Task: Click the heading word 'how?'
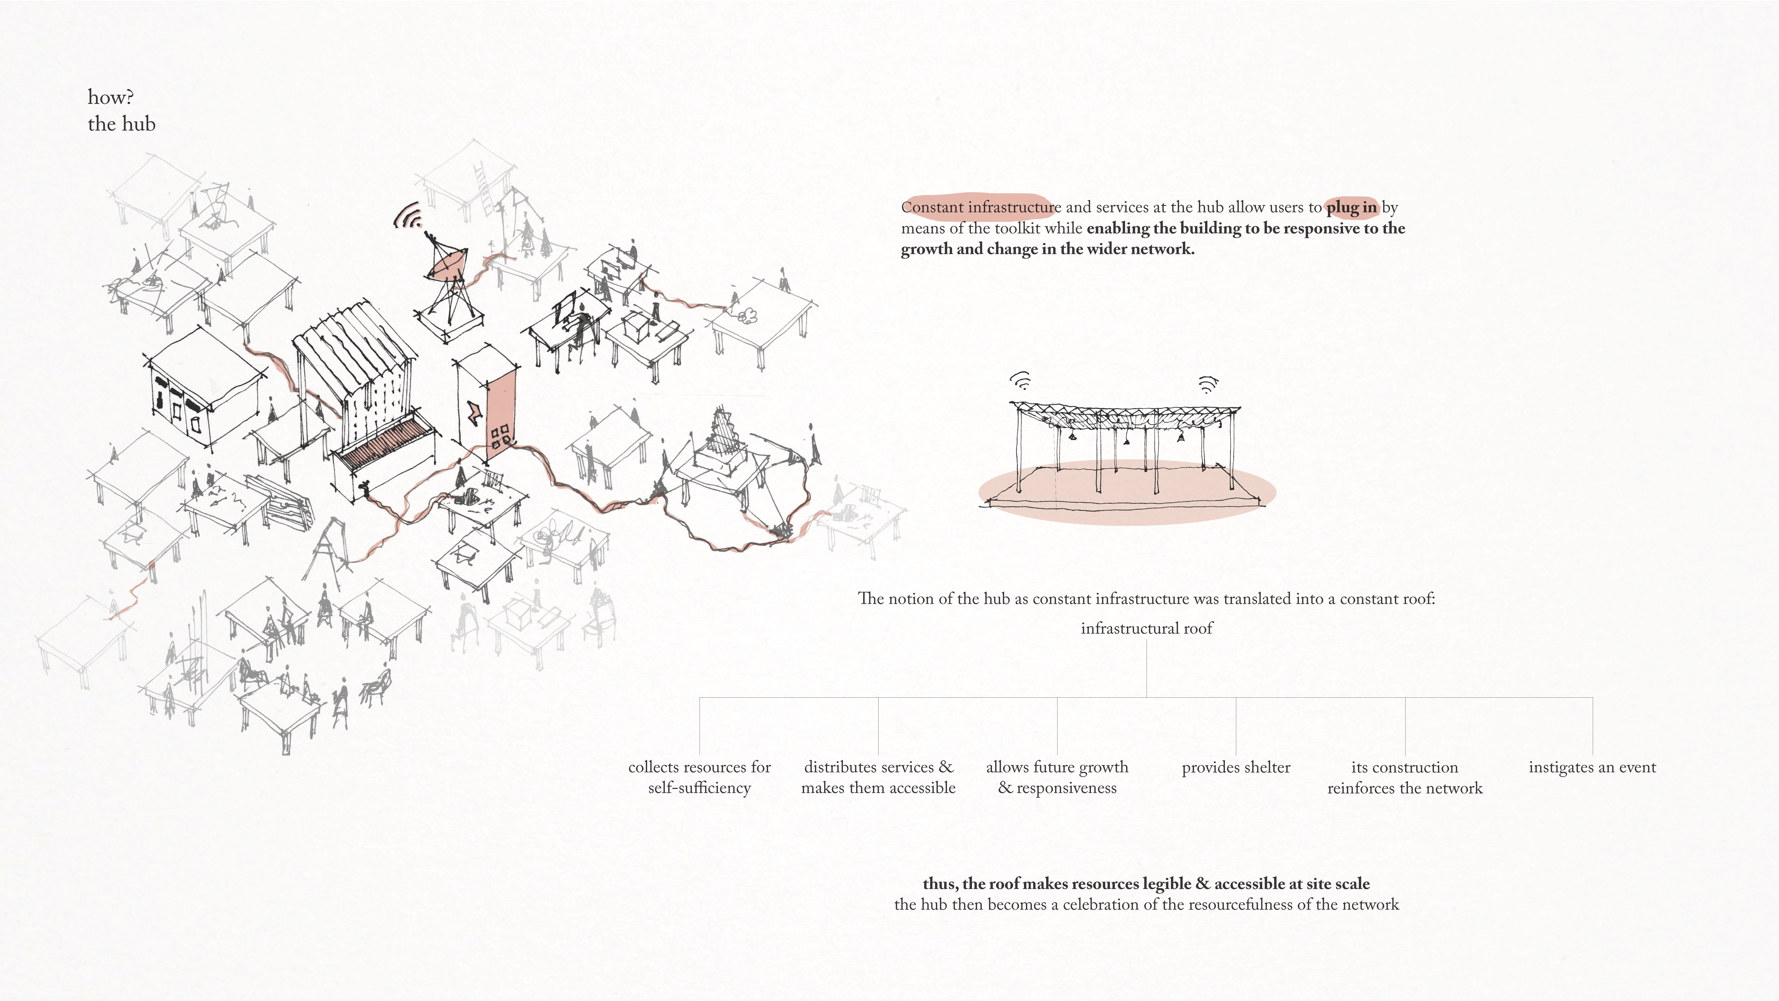coord(110,97)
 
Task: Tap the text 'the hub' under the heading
coord(122,124)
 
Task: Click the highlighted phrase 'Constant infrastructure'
coord(981,207)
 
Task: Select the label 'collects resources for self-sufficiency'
coord(700,778)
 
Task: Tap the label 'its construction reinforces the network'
coord(1405,778)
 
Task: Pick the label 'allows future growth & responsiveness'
coord(1057,778)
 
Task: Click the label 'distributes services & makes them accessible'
coord(879,778)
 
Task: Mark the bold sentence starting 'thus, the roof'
coord(1146,884)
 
